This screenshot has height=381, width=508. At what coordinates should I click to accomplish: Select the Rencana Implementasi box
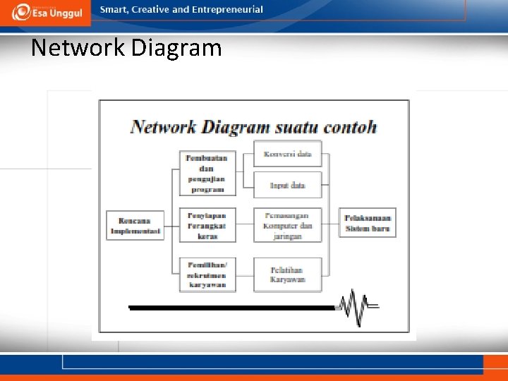click(135, 225)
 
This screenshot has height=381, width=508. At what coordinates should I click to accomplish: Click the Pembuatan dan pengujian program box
click(207, 173)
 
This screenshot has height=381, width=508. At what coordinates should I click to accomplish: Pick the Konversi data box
click(287, 154)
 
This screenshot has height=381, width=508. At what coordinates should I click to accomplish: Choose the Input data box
click(287, 185)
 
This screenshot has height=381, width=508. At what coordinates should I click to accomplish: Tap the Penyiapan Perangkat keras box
click(207, 224)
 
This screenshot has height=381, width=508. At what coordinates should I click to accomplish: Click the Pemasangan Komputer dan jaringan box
click(287, 225)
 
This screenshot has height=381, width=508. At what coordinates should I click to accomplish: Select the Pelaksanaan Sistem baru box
click(368, 223)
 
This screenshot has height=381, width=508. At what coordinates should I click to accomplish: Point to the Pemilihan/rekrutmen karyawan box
click(207, 274)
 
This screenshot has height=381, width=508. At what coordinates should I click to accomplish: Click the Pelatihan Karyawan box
click(287, 274)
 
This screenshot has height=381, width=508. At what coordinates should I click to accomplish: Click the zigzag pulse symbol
click(357, 307)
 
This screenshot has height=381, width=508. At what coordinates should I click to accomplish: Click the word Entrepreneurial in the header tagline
click(226, 10)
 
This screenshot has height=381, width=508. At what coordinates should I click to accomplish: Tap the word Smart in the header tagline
click(113, 10)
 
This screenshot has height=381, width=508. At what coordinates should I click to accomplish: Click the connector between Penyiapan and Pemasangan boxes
click(244, 224)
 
